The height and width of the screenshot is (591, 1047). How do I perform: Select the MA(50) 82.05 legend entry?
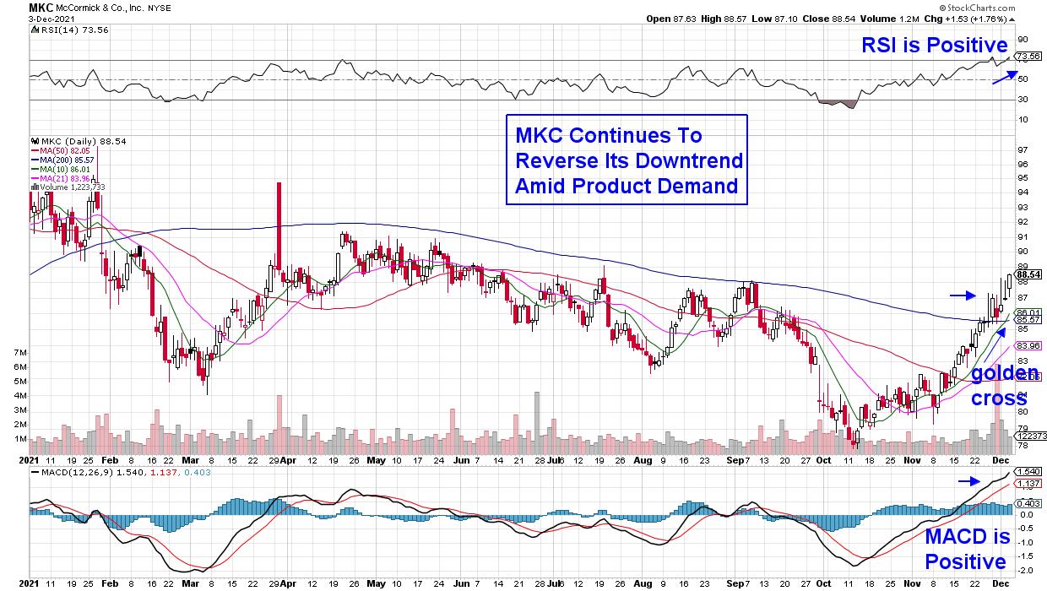(57, 150)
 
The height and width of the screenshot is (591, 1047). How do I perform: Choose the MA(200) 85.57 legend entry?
(60, 159)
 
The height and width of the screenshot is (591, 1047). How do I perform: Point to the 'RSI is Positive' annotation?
(935, 46)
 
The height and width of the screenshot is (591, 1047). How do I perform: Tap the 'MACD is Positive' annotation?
(967, 549)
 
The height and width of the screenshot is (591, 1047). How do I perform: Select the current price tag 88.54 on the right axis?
(1028, 274)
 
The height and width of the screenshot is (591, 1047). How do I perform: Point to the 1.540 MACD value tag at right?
(1028, 471)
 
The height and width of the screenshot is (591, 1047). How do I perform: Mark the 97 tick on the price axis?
(1022, 149)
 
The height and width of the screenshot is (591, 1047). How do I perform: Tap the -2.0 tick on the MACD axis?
(1023, 570)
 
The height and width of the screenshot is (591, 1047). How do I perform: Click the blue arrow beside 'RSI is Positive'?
(1005, 76)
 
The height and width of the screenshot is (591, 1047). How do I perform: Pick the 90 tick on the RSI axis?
(1022, 39)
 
